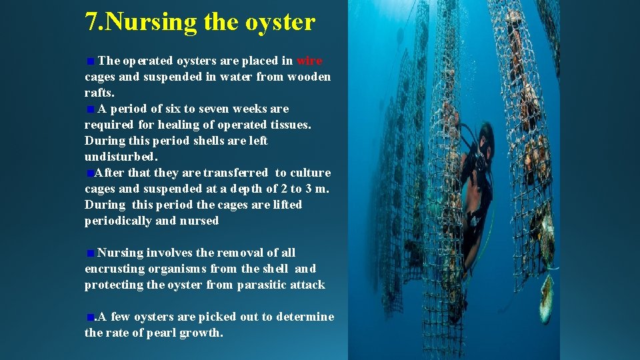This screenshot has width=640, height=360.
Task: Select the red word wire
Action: [x=309, y=61]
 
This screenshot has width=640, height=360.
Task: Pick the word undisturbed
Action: [x=121, y=157]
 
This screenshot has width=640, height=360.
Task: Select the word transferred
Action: [x=235, y=173]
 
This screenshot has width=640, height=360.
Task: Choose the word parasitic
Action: [x=267, y=285]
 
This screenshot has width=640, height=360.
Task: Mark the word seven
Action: [x=207, y=109]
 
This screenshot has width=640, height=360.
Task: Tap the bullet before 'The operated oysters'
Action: [x=90, y=61]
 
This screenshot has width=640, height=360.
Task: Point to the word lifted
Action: [x=287, y=205]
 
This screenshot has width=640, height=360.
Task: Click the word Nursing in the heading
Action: [x=151, y=22]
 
